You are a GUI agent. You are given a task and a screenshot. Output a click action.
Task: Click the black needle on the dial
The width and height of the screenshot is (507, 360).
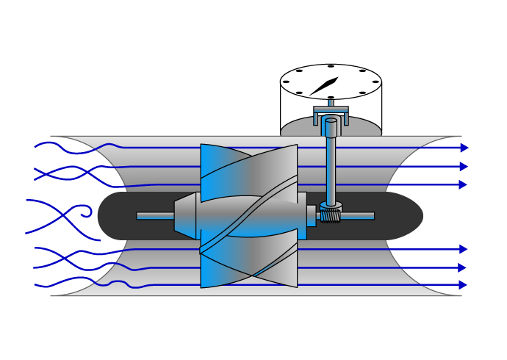click(x=324, y=86)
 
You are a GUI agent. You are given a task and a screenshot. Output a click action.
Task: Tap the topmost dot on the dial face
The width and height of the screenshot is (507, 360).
click(x=331, y=66)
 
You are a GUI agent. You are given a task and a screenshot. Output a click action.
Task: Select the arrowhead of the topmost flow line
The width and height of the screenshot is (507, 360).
click(x=464, y=148)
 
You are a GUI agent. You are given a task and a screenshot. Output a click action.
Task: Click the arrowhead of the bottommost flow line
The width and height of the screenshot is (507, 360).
click(x=464, y=284)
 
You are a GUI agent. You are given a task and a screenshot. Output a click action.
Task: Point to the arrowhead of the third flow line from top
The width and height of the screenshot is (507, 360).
click(x=464, y=184)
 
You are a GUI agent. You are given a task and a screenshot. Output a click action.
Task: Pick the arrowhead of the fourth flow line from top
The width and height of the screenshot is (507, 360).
click(x=464, y=249)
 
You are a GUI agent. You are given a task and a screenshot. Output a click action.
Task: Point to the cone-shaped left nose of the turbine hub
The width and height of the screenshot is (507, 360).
click(x=184, y=216)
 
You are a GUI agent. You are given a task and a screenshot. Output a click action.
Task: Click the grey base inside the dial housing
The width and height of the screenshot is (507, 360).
click(x=302, y=126)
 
